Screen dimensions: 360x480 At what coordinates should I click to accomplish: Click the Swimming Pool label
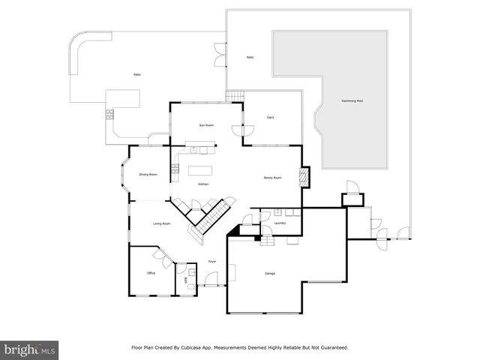coord(352,100)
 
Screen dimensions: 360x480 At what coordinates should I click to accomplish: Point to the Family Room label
coord(272,178)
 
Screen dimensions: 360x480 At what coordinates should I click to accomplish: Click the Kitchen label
coord(202,184)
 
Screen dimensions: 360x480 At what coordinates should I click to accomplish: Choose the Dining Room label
coord(148,175)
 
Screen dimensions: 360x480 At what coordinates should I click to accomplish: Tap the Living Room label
coord(162,223)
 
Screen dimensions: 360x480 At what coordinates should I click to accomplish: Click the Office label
coord(151,273)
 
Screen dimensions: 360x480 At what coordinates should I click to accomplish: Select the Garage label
coord(269,273)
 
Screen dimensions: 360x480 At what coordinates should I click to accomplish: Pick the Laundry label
coord(280,223)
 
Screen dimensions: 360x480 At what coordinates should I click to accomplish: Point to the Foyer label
coord(212,261)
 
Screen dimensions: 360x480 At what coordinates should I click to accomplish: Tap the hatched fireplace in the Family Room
coord(304,175)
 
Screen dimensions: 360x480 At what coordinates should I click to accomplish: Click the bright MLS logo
coord(30,349)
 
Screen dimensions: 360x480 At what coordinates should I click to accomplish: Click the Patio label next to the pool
coord(250,58)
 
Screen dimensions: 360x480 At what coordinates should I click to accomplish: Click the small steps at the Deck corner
coord(236,95)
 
